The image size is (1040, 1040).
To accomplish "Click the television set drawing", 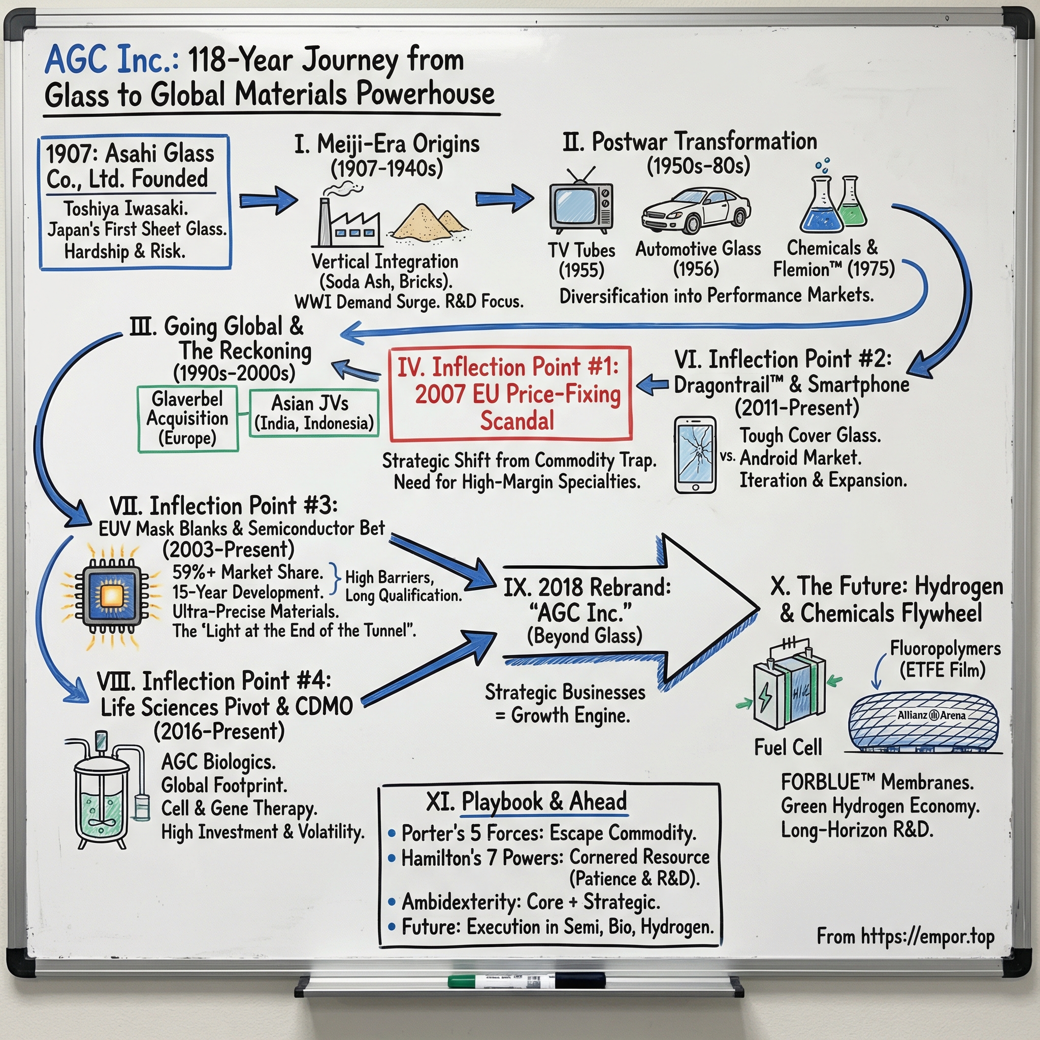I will click(x=580, y=207).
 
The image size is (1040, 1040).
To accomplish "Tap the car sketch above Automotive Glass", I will click(x=696, y=211).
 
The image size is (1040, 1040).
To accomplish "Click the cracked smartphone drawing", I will click(x=695, y=455).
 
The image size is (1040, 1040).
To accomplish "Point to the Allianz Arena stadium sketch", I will click(x=923, y=721).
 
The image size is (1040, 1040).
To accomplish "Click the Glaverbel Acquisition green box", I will click(x=188, y=419).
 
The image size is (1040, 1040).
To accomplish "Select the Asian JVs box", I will click(x=314, y=413).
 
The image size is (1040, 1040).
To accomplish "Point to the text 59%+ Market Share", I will click(x=247, y=572).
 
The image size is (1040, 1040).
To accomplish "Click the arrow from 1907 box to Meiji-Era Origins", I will click(x=267, y=201).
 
